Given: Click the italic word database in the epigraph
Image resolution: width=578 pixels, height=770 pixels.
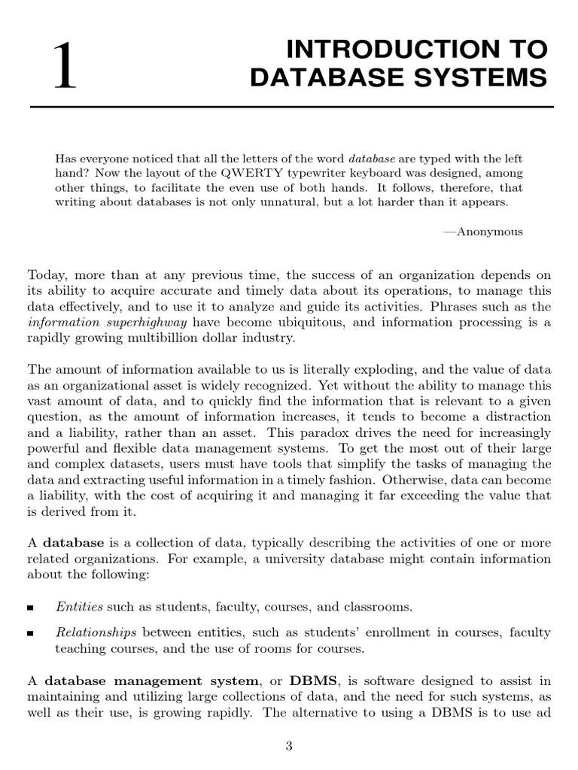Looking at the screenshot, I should [x=372, y=159].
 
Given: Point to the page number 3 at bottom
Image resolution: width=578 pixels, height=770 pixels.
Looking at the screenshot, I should [x=289, y=746].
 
